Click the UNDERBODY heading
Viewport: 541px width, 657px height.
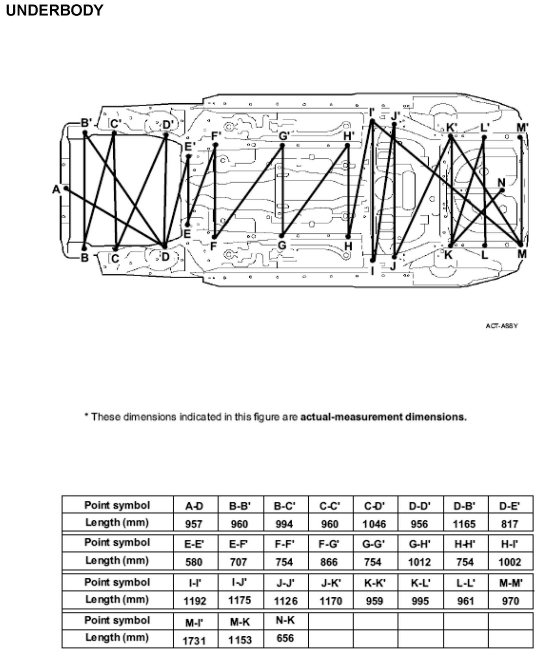coord(54,11)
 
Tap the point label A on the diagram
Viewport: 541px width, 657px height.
coord(56,189)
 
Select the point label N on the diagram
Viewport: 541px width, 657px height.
coord(501,182)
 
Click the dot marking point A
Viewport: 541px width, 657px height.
coord(66,188)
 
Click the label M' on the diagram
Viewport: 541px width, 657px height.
coord(522,128)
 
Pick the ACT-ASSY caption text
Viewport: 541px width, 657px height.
coord(502,326)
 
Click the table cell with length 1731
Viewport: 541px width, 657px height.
coord(195,641)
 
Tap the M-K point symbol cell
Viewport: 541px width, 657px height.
coord(240,622)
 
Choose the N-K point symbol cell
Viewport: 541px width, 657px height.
coord(285,620)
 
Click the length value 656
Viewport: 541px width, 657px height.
coord(285,638)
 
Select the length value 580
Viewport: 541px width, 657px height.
coord(194,562)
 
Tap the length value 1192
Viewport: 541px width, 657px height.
coord(195,601)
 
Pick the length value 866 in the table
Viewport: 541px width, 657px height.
coord(329,562)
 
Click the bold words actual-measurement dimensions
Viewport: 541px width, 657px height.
coord(383,417)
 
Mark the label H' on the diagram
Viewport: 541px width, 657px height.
coord(349,136)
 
